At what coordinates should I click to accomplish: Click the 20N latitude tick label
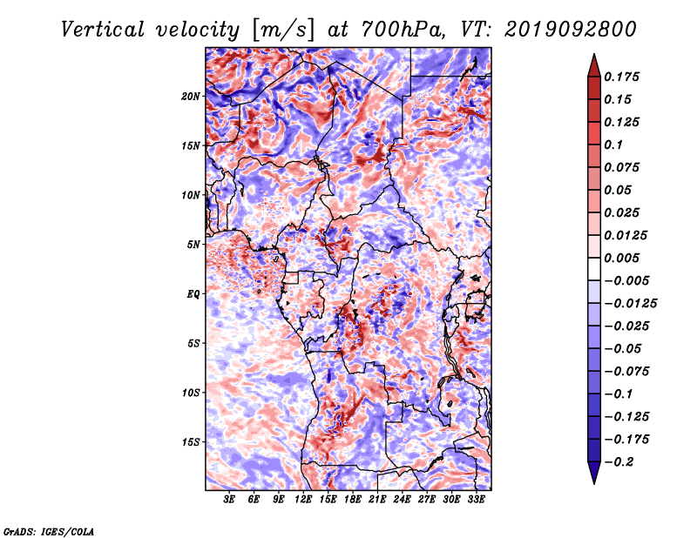pos(191,97)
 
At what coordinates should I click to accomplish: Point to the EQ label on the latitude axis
pos(193,294)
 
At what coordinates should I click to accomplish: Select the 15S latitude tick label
pos(191,442)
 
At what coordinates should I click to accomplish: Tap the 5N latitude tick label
pos(193,245)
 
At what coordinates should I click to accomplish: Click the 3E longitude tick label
pos(229,500)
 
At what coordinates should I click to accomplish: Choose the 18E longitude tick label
pos(353,500)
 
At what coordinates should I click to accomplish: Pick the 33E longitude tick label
pos(476,500)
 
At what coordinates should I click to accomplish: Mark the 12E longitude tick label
pos(303,500)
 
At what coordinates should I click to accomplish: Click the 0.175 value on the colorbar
pos(621,77)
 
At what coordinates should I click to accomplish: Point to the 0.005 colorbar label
pos(621,258)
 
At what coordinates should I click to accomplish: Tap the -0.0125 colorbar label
pos(630,304)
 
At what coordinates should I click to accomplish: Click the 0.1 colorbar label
pos(613,145)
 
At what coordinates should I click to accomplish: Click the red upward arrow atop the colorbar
pos(594,65)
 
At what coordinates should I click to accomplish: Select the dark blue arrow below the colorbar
pos(594,473)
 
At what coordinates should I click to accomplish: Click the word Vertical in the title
pos(103,30)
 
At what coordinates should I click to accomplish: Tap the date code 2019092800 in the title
pos(571,30)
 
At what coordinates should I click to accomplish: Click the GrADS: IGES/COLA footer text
pos(49,531)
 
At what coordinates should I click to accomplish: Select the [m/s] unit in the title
pos(283,30)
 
